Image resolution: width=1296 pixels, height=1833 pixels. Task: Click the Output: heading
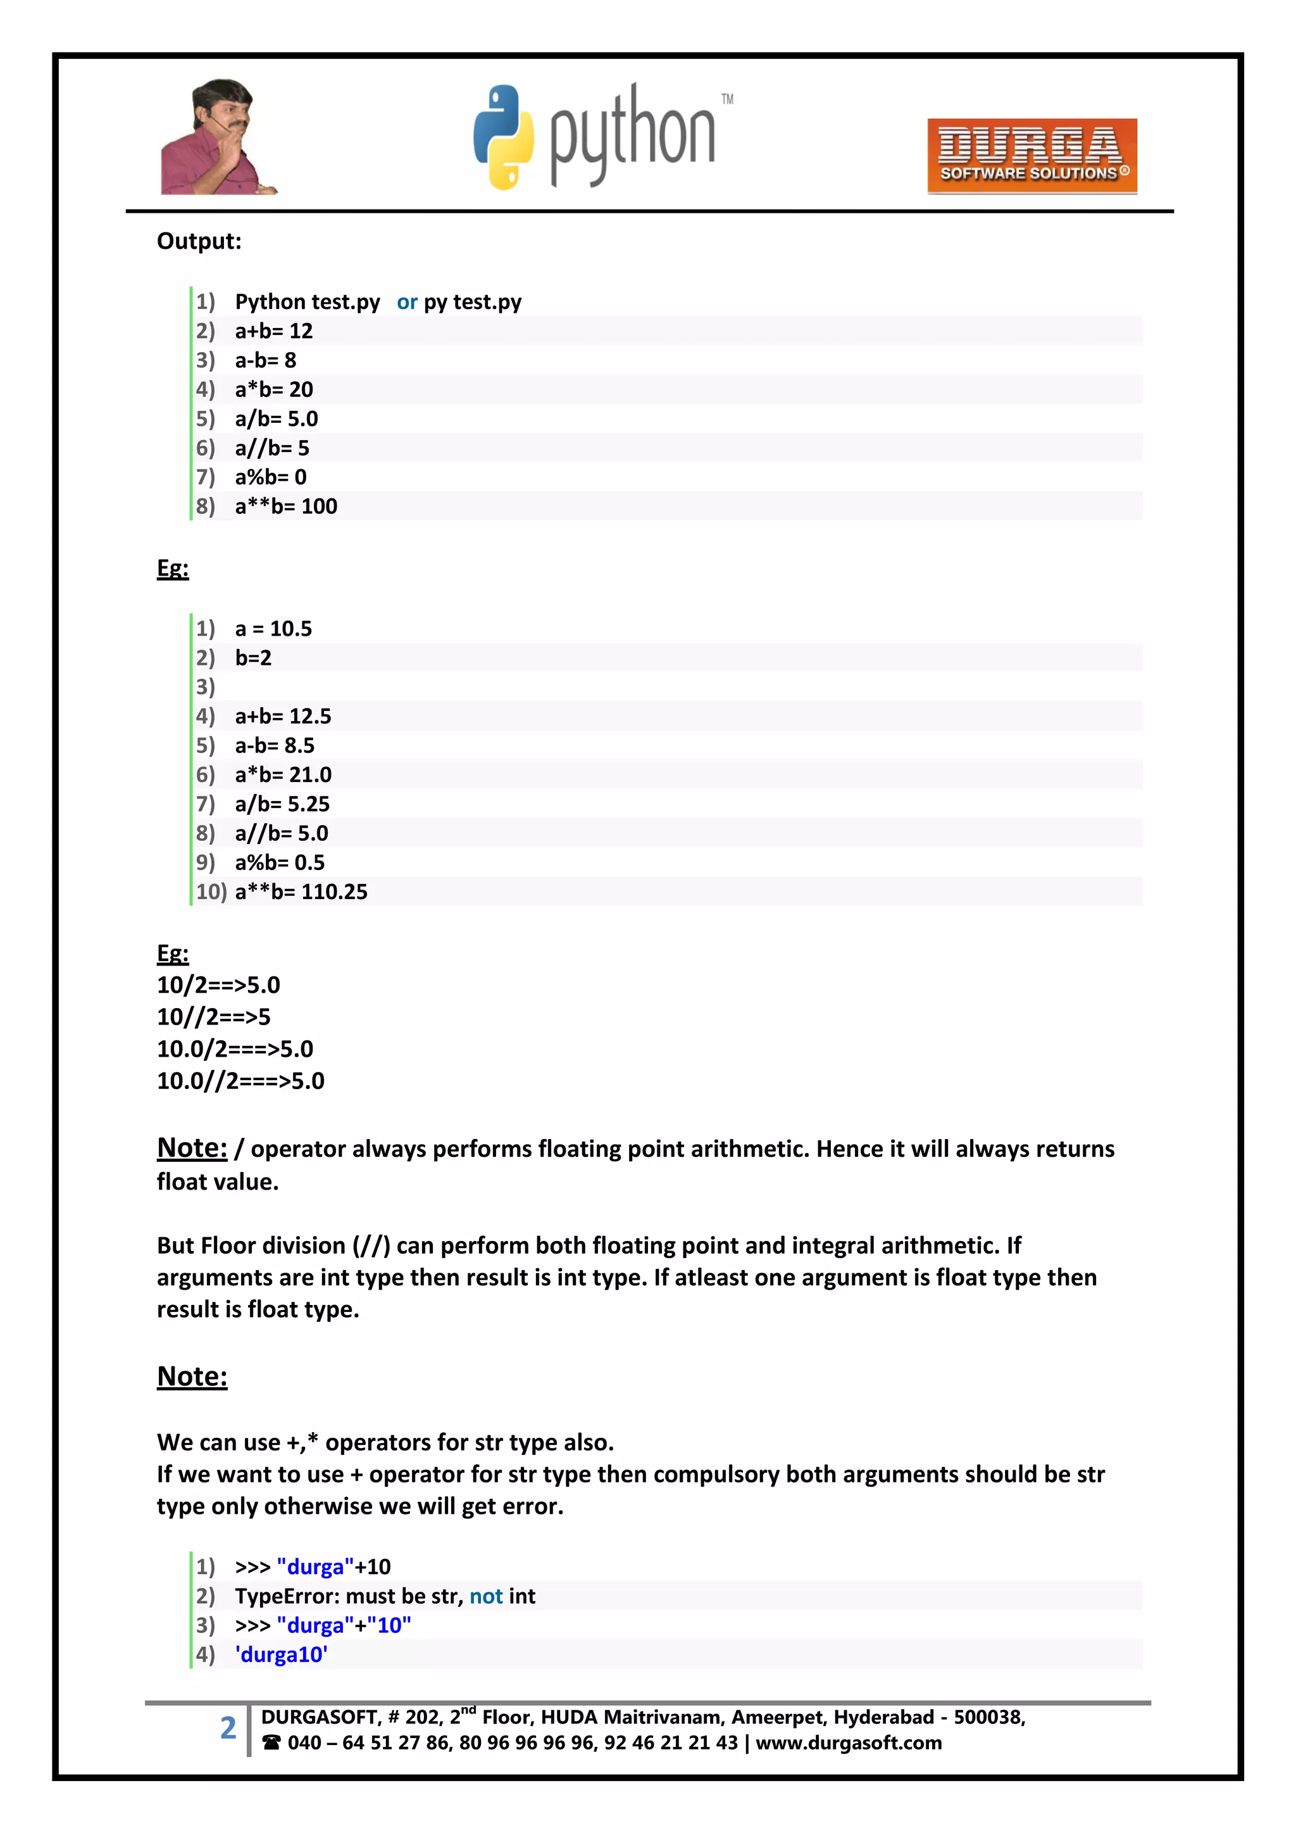[x=199, y=241]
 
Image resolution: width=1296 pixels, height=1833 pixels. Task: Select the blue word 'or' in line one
[x=407, y=302]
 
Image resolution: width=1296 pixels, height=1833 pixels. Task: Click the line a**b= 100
[x=285, y=506]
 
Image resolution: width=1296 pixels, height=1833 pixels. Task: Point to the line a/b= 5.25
[x=282, y=804]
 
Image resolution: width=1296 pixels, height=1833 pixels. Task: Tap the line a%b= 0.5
[x=279, y=862]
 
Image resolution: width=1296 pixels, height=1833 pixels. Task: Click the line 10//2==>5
[x=214, y=1016]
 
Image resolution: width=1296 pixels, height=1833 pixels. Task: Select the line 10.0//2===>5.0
[x=240, y=1080]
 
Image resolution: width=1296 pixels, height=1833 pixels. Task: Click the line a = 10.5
[x=273, y=628]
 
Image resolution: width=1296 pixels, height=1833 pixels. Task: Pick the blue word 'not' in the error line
[x=486, y=1596]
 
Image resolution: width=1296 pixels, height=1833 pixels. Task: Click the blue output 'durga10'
[x=281, y=1654]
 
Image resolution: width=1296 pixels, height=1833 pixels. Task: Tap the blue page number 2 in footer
[x=228, y=1728]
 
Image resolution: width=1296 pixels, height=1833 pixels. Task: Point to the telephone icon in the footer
[x=271, y=1743]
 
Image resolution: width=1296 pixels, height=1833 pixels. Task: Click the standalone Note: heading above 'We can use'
[x=192, y=1376]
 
